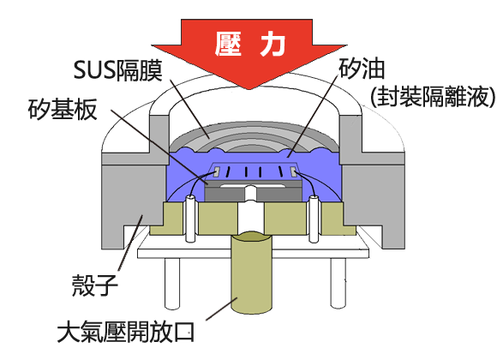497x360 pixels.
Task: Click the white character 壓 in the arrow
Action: tap(228, 44)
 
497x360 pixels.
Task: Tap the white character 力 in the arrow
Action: tap(272, 44)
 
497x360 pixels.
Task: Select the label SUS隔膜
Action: tap(118, 70)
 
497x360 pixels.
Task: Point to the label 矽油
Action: tap(362, 69)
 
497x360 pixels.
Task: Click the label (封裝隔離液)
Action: tap(432, 96)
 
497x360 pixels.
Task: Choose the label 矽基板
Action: tap(63, 110)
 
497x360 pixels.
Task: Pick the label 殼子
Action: tap(95, 285)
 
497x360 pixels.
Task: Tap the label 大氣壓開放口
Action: tap(126, 332)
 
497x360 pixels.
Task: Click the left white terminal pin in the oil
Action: tap(190, 219)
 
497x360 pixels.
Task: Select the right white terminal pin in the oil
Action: tap(313, 219)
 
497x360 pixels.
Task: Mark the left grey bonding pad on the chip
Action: tap(217, 171)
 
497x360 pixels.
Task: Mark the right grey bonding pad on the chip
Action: tap(294, 171)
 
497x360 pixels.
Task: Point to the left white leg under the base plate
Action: tap(172, 283)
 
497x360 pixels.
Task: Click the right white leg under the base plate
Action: tap(338, 283)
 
